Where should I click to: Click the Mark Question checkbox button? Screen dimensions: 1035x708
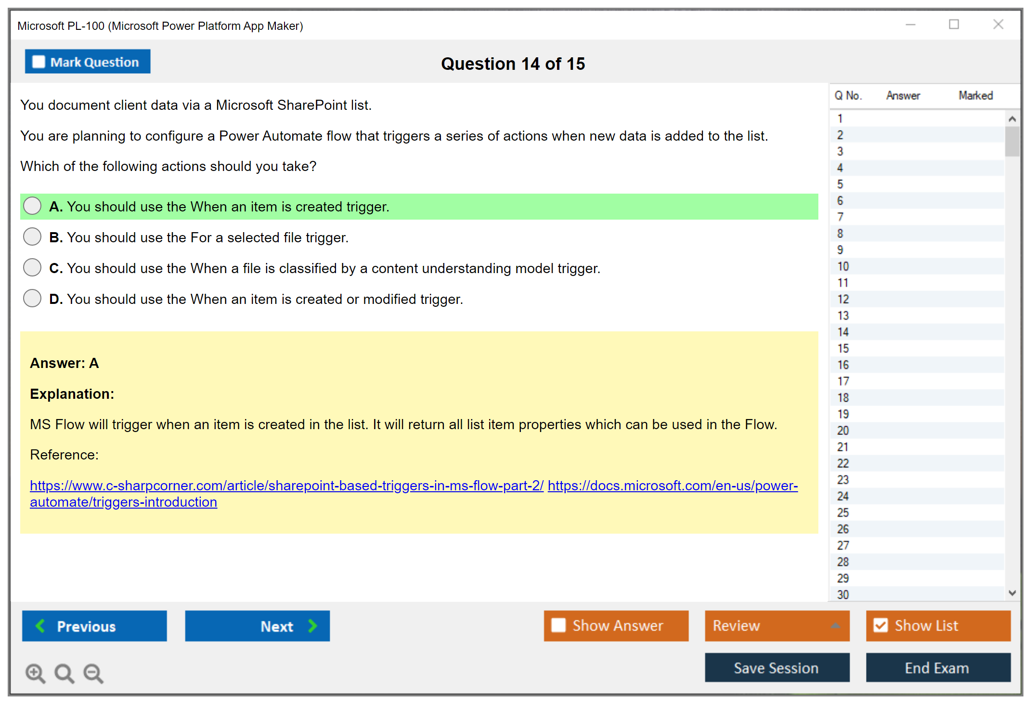[88, 62]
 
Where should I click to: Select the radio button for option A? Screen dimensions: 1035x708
[32, 206]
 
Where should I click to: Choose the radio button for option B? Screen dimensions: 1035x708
[32, 236]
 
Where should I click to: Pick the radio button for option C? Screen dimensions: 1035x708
[32, 267]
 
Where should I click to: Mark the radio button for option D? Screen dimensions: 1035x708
[32, 298]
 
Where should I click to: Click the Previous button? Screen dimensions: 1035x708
[94, 626]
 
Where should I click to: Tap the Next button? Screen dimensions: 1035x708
[258, 626]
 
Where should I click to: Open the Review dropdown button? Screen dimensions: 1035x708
[777, 626]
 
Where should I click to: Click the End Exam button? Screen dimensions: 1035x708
[938, 668]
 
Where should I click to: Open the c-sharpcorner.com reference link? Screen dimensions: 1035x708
[287, 485]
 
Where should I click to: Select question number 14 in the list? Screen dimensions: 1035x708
[843, 332]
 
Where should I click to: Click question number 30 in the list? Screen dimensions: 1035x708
[843, 595]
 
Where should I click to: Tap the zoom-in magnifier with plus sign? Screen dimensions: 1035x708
[35, 673]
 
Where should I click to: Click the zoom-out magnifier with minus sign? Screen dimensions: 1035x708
[93, 673]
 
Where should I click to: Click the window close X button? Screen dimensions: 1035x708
[998, 24]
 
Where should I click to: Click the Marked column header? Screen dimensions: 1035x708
[975, 95]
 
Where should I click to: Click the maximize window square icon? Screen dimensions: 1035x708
[954, 24]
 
